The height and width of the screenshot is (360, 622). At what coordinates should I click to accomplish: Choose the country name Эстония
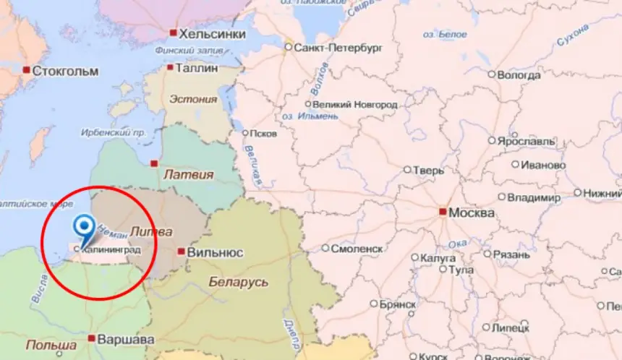click(192, 99)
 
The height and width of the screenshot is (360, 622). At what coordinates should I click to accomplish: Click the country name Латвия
click(189, 174)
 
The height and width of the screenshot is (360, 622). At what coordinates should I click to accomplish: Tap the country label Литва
click(150, 232)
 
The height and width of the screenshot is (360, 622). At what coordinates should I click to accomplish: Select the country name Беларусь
click(238, 281)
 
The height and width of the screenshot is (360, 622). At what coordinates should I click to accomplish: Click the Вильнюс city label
click(215, 252)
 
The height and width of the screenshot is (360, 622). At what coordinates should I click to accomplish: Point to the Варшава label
click(126, 338)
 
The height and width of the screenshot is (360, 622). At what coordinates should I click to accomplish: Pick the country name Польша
click(51, 345)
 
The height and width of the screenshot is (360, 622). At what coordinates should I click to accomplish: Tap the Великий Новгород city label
click(355, 105)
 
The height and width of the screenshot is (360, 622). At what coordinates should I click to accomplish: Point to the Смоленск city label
click(357, 248)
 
